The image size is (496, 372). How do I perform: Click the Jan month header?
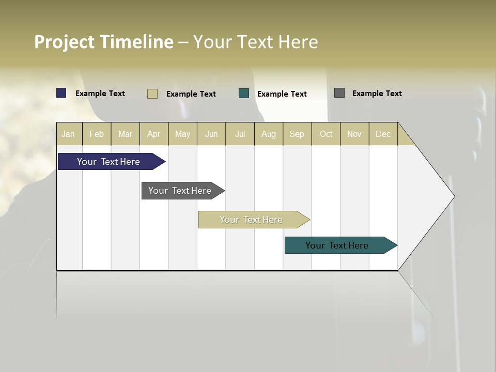[68, 134]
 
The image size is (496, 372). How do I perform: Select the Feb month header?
[97, 134]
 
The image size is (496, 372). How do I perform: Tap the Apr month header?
[154, 134]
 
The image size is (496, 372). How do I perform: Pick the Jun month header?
[211, 134]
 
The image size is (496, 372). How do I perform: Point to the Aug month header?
[269, 134]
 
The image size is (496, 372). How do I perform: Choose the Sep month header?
[297, 134]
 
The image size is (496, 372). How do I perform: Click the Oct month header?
[326, 134]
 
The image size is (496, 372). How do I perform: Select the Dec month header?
[383, 134]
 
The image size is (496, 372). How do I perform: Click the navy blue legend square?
[61, 93]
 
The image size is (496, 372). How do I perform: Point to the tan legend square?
[152, 94]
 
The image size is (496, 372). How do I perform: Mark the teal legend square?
[244, 94]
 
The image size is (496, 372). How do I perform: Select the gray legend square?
[339, 93]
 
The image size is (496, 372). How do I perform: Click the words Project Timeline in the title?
[104, 42]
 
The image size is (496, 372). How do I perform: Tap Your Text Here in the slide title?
[256, 42]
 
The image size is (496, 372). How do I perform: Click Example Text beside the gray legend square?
[377, 94]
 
